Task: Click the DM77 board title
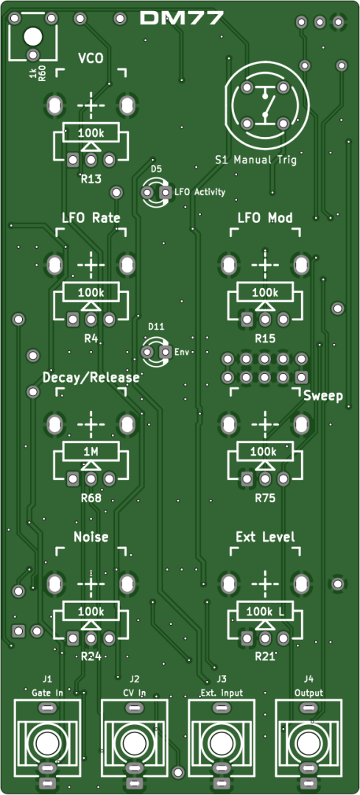pos(181,18)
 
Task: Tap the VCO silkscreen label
pos(91,58)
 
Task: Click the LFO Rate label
pos(91,218)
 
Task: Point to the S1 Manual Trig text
pos(255,160)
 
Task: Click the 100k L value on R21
pos(265,612)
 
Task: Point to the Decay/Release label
pos(91,378)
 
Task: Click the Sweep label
pos(323,396)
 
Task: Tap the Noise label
pos(91,537)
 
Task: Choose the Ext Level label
pos(265,537)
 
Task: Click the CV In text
pos(135,693)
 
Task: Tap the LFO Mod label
pos(265,218)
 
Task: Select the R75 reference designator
pos(265,498)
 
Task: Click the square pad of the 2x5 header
pos(302,377)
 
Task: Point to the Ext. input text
pos(222,693)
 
